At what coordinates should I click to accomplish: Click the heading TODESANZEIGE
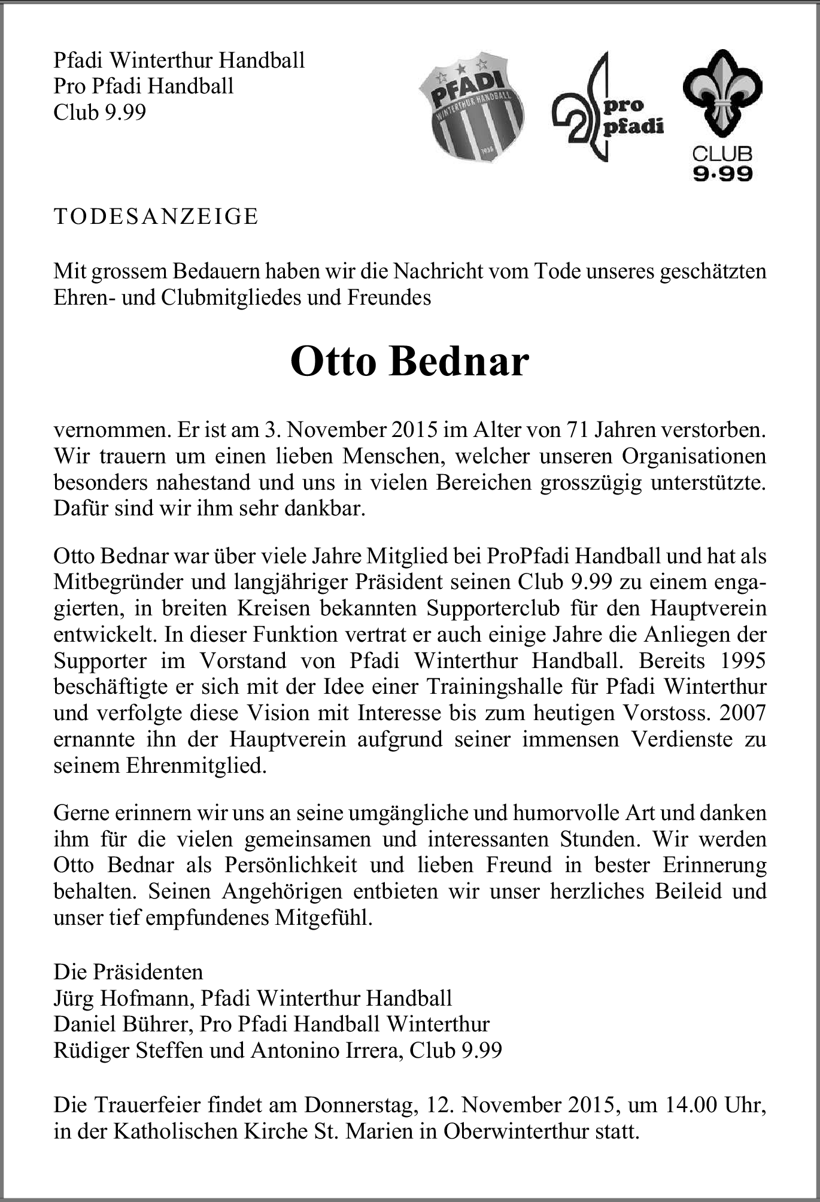point(156,216)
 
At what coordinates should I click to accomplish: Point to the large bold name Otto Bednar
point(410,362)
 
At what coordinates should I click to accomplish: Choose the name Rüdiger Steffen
point(128,1051)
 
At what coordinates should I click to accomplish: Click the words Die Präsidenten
point(128,972)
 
